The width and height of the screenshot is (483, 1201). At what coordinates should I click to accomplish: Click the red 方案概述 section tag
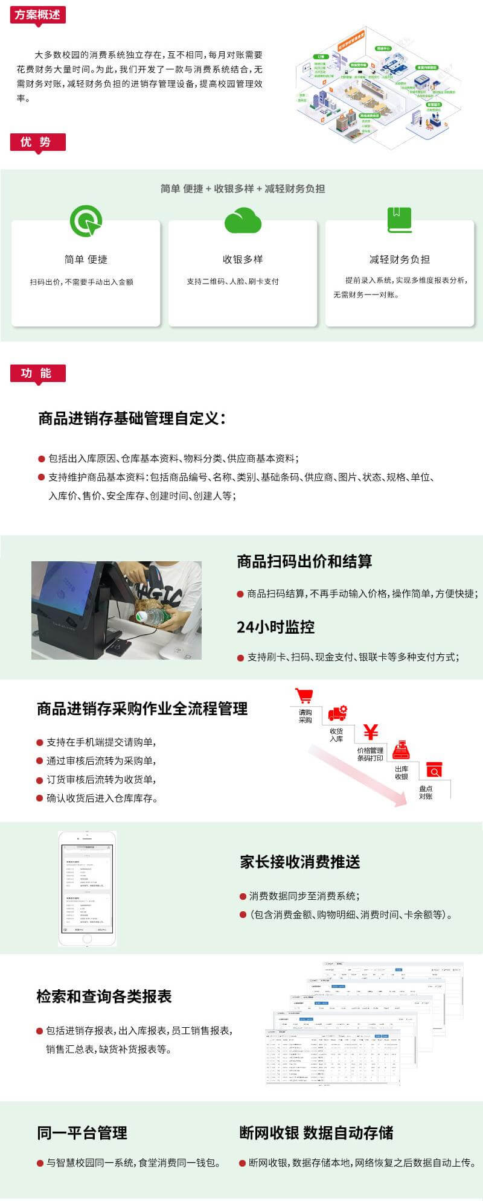[x=37, y=14]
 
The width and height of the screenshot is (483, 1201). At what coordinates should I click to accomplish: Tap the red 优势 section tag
[x=37, y=142]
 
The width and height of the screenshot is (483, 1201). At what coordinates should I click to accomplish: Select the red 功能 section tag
[x=37, y=373]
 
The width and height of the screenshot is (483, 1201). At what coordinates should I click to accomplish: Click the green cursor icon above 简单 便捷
[x=86, y=221]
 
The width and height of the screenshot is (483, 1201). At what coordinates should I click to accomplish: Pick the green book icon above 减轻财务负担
[x=399, y=220]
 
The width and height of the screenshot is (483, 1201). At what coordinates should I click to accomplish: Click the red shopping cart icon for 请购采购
[x=304, y=695]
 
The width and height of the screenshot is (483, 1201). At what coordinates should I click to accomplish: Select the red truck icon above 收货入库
[x=337, y=714]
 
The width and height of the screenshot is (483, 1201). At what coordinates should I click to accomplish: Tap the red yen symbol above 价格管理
[x=371, y=732]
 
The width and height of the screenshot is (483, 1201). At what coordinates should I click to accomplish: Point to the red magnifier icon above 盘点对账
[x=434, y=770]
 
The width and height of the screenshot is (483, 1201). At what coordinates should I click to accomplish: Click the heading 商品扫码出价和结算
[x=304, y=561]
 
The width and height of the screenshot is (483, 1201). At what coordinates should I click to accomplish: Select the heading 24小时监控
[x=275, y=627]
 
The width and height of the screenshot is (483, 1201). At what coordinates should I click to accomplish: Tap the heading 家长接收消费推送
[x=300, y=862]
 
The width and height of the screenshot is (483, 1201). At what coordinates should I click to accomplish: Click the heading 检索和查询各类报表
[x=104, y=996]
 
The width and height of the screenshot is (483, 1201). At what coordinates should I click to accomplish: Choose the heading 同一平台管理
[x=82, y=1133]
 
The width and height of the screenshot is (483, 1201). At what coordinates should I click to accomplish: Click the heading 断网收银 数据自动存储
[x=316, y=1133]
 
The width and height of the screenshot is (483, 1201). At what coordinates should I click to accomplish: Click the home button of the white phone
[x=87, y=939]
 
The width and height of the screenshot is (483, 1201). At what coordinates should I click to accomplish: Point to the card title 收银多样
[x=243, y=260]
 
